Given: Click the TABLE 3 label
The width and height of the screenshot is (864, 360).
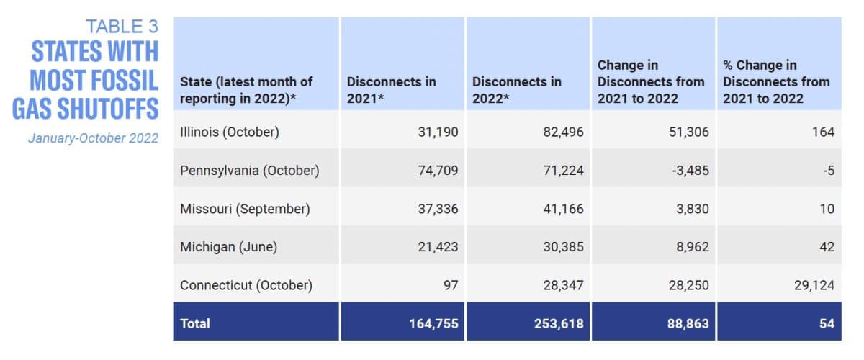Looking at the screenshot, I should [x=122, y=27].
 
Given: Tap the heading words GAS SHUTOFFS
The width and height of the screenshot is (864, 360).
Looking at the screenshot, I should [x=85, y=108].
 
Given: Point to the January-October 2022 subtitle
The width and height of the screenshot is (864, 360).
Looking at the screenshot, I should [x=93, y=138].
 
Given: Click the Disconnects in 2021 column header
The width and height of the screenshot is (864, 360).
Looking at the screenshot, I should [x=391, y=90].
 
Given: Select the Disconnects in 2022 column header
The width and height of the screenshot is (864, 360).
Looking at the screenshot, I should [x=516, y=90].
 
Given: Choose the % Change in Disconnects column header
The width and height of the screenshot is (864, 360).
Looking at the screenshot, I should [x=776, y=81].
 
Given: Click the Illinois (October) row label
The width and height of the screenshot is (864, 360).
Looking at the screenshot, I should [x=229, y=132].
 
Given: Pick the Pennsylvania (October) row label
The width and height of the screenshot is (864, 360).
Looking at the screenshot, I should [x=249, y=171].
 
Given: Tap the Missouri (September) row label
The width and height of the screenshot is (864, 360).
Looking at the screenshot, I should [x=245, y=209].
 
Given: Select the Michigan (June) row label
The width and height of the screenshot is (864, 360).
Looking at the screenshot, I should [x=228, y=247].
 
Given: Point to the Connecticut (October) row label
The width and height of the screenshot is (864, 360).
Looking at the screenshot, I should [x=246, y=285].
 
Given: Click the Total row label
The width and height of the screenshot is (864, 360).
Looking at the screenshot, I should [x=195, y=323].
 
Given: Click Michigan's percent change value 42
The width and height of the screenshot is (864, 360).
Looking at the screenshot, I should [x=827, y=247].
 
